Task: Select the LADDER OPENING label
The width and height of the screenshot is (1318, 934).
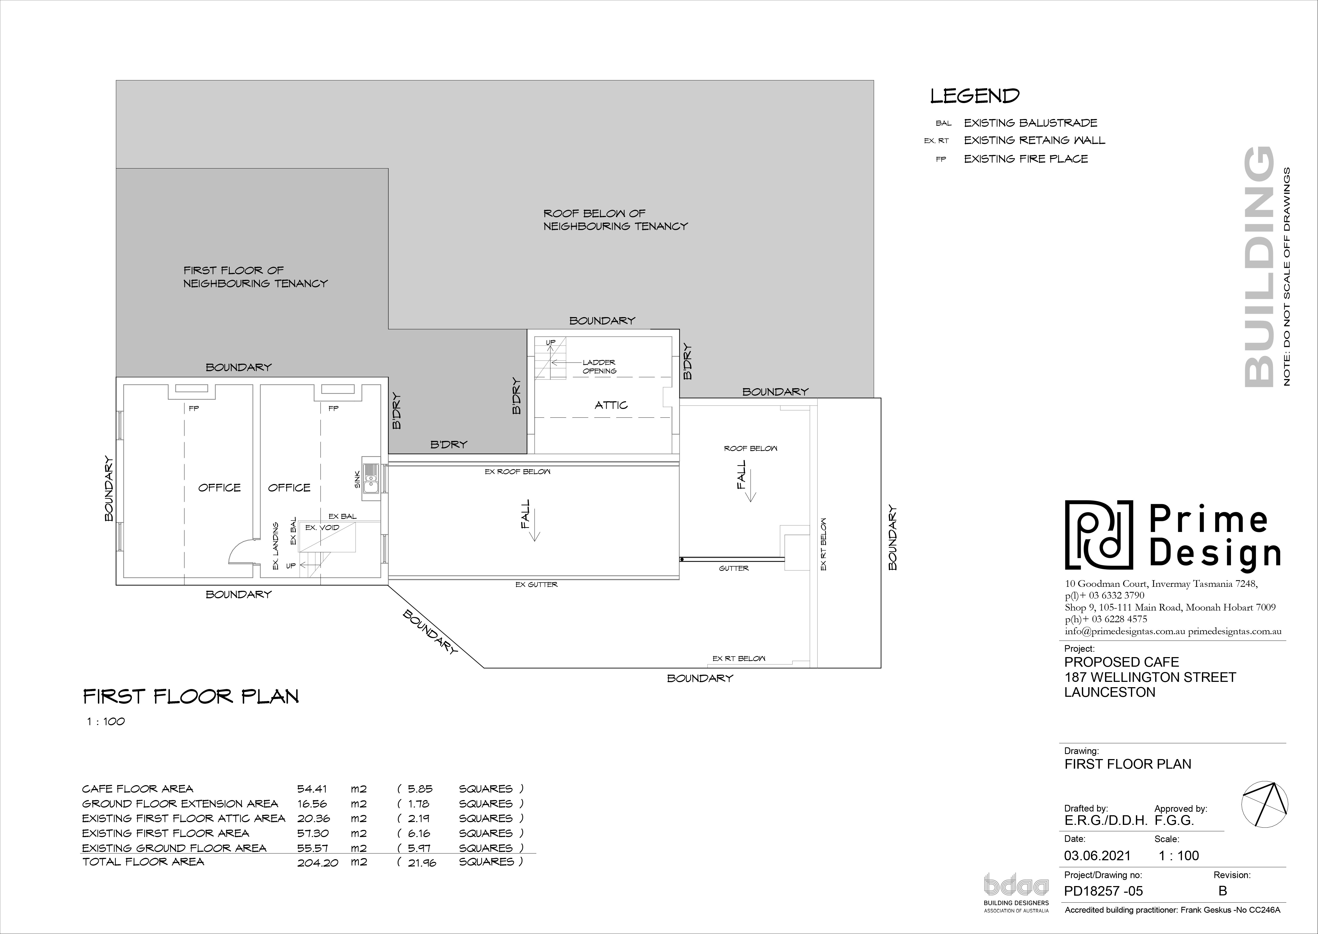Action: click(x=599, y=366)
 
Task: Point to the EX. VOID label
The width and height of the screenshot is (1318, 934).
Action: click(x=322, y=527)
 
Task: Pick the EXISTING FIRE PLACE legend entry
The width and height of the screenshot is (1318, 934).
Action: click(x=1026, y=159)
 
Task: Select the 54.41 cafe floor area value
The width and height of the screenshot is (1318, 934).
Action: click(x=312, y=789)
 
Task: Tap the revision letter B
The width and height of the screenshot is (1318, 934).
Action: click(x=1222, y=891)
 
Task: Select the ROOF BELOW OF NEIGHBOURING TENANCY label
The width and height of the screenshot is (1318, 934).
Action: click(x=615, y=220)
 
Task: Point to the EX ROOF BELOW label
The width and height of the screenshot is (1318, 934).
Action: click(x=518, y=472)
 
